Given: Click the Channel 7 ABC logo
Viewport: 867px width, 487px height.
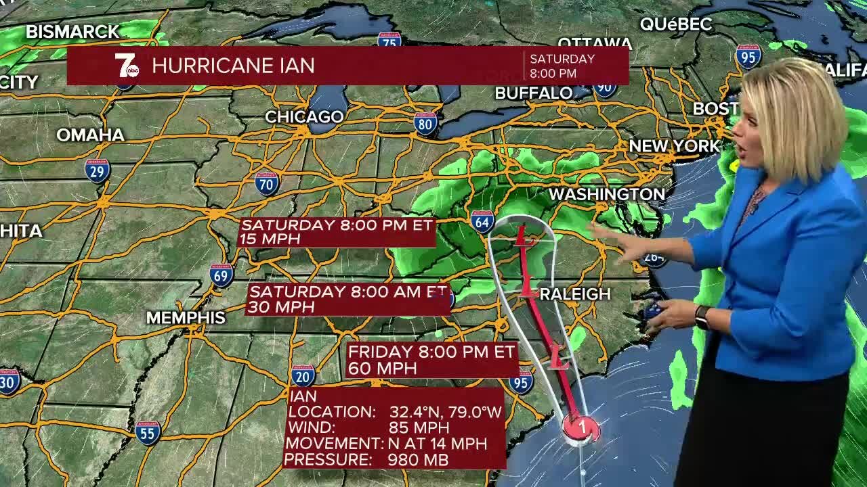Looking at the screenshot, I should [x=126, y=66].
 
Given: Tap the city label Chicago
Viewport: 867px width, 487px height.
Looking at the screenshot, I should [x=304, y=117].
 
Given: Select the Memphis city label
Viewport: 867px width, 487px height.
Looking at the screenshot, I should [x=186, y=317].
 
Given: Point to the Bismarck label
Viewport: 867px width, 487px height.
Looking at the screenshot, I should [x=72, y=31].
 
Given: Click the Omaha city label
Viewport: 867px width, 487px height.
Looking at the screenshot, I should [x=90, y=135].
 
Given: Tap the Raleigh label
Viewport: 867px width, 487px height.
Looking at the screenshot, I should [x=576, y=294].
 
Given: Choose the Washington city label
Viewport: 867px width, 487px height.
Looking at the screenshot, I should [x=606, y=194].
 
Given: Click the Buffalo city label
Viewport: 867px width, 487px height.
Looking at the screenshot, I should [x=534, y=93].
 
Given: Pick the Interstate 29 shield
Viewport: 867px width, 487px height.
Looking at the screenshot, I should [x=98, y=170].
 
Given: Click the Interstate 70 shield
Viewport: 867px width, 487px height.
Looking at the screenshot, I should [x=267, y=183].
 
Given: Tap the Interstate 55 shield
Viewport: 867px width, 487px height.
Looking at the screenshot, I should [x=148, y=432].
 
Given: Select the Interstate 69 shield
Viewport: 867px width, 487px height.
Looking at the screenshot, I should [x=221, y=275].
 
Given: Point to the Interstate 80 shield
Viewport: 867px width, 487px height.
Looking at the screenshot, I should [x=425, y=124].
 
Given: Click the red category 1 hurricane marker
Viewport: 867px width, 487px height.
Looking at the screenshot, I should [x=581, y=427].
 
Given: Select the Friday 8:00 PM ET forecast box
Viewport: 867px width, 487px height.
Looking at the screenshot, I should [x=431, y=360].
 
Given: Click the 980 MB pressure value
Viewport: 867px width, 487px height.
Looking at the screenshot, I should [x=418, y=460].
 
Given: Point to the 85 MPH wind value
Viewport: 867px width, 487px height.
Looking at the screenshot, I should [x=419, y=427].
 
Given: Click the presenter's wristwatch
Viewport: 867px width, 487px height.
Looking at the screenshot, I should [x=702, y=317].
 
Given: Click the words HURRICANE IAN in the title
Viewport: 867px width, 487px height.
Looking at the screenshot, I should [x=233, y=66].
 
